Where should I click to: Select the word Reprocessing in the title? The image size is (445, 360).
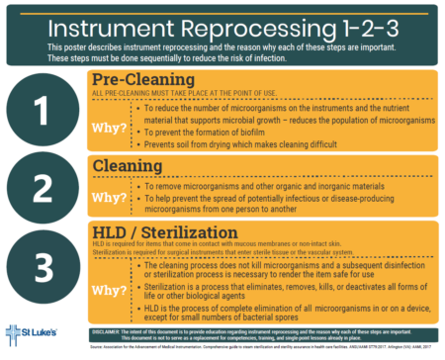(256, 23)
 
